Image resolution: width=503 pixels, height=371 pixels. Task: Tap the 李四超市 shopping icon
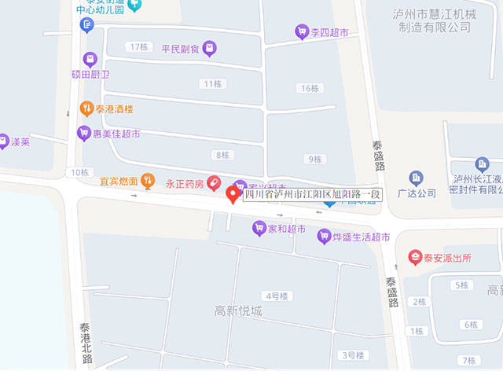301,31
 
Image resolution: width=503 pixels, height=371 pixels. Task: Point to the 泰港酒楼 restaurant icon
86,108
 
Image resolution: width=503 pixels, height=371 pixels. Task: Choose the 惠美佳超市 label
116,134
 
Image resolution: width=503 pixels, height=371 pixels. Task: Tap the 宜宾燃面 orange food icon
147,182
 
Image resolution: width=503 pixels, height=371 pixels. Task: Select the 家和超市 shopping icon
259,229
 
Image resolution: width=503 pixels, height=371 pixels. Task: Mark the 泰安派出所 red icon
414,257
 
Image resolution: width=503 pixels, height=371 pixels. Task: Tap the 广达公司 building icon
416,178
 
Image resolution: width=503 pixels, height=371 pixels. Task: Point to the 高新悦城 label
238,311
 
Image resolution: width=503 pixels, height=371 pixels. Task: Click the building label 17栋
140,47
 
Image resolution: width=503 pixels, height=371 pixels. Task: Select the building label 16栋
310,88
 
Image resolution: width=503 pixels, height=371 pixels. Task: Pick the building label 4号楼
277,296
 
